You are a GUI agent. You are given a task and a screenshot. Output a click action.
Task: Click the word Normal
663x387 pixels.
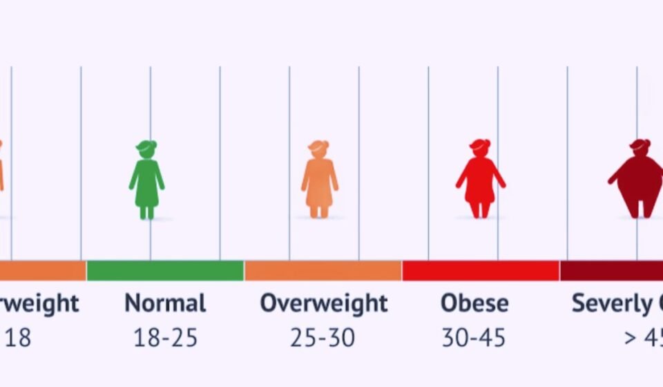pos(165,303)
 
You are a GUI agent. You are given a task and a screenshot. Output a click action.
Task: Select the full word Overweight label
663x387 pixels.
pos(324,303)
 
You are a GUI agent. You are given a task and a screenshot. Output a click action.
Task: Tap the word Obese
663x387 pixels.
pos(474,303)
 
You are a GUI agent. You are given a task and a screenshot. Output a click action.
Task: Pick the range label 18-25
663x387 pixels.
pos(165,338)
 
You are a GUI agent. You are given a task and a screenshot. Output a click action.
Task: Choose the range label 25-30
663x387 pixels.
pos(323,338)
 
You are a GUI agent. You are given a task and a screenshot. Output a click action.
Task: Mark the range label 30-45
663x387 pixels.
pos(474,338)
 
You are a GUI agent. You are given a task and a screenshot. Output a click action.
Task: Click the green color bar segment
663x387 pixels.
pos(165,271)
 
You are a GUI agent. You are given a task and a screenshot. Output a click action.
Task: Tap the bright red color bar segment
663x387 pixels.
pos(481,271)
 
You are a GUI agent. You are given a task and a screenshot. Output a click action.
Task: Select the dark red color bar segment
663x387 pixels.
pos(611,271)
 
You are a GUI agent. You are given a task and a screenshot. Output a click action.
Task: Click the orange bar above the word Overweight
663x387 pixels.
pos(323,271)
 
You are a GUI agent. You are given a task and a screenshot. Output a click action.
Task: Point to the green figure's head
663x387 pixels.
pos(146,148)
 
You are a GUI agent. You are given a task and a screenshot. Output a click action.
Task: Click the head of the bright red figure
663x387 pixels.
pos(480,147)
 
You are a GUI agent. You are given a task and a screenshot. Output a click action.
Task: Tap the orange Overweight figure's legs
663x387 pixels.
pos(319,209)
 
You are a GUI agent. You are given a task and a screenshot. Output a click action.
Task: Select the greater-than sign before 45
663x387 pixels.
pos(630,339)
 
